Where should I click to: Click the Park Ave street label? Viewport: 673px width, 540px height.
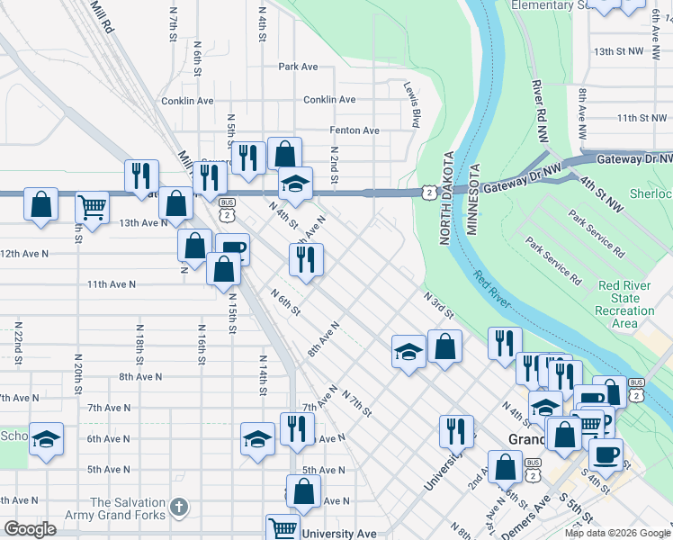coord(298,67)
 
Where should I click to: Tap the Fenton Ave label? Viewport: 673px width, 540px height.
coord(354,130)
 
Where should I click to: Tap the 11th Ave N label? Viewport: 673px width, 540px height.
coord(111,284)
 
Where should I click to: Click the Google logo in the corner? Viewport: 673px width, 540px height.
coord(30,529)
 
